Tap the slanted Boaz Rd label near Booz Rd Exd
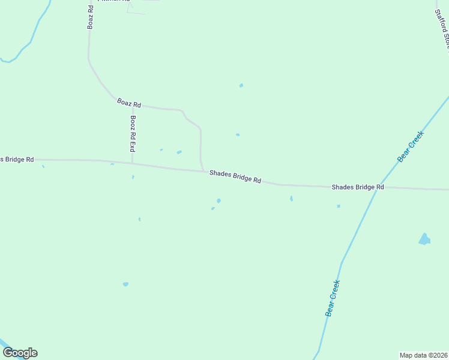tap(125, 103)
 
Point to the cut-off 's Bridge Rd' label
tap(17, 159)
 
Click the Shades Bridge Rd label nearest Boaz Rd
tap(235, 176)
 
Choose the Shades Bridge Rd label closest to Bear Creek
tap(358, 187)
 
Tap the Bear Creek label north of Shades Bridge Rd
tap(411, 146)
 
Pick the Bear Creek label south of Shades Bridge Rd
tap(332, 298)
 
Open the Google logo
tap(20, 353)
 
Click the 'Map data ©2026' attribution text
tap(424, 355)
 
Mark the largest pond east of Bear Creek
tap(424, 239)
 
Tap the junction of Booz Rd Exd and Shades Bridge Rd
tap(132, 163)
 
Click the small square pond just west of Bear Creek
tap(339, 206)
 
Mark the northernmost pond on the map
tap(241, 85)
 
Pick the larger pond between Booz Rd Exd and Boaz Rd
tap(179, 152)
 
